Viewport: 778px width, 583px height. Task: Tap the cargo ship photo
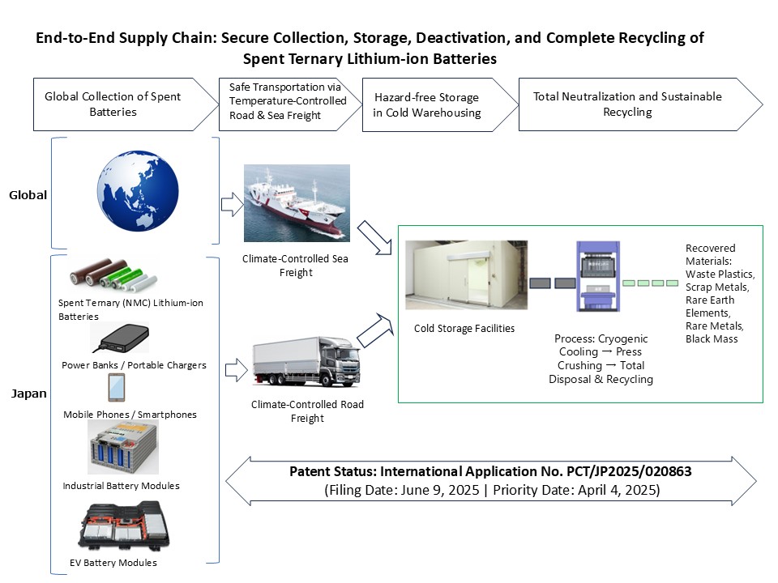click(297, 203)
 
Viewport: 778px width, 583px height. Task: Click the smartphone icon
click(116, 389)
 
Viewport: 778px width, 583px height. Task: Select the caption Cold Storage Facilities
click(463, 329)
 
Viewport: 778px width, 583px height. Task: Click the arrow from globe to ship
click(232, 205)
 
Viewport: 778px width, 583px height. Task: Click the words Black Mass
click(712, 339)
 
